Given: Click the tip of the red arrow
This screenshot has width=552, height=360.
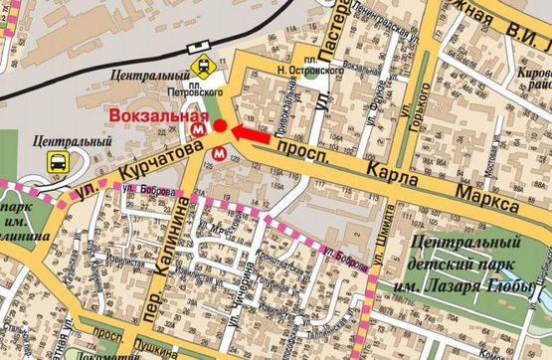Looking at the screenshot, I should (x=232, y=128).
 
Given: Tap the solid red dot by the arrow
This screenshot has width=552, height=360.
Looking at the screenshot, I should (x=220, y=127).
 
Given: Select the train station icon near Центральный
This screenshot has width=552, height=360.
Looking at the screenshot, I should (x=203, y=68).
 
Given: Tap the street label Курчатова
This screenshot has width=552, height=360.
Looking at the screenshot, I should (x=143, y=165).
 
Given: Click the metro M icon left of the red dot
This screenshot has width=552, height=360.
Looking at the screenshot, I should (x=202, y=127).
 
